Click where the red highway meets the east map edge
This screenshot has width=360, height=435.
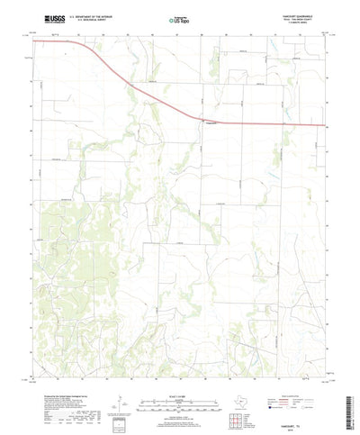326,125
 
